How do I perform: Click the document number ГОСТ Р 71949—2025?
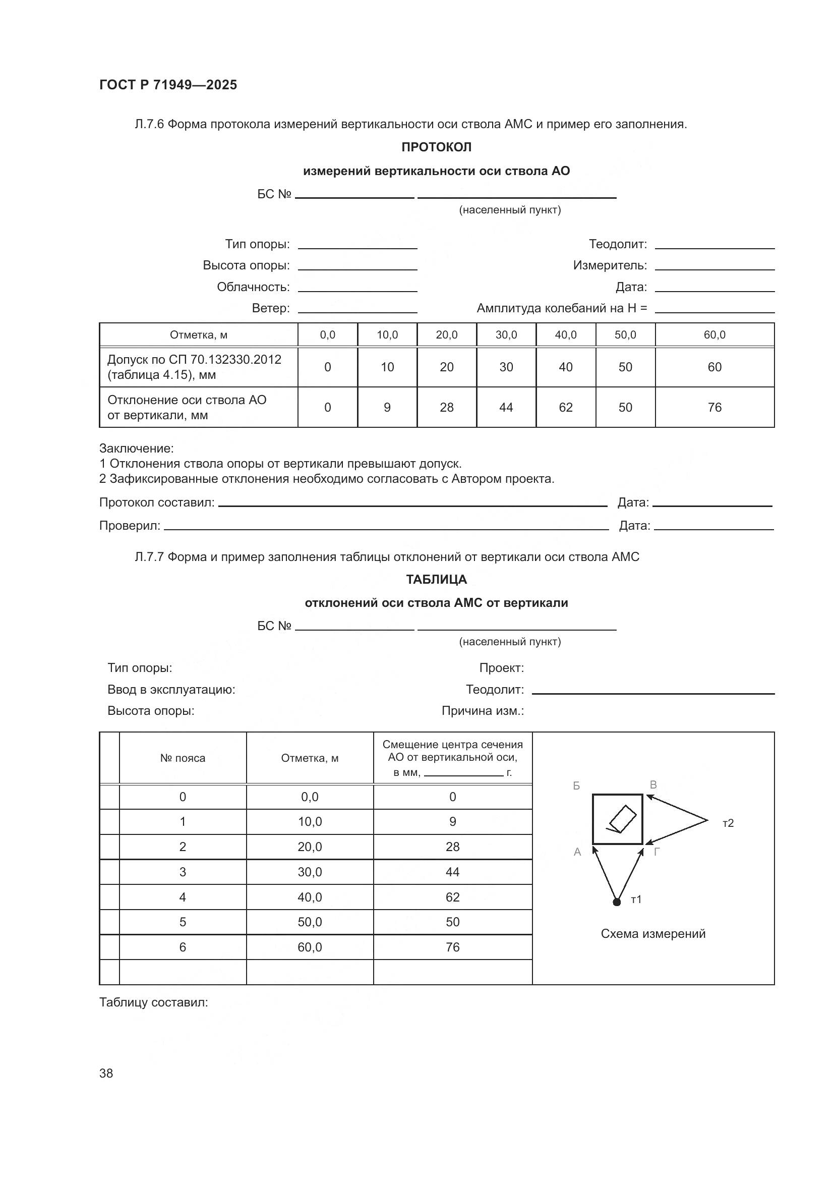(168, 85)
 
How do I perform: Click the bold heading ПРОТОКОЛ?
(436, 147)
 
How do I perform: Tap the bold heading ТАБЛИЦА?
(436, 579)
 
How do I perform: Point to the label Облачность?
(253, 287)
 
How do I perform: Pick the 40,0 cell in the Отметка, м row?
(565, 335)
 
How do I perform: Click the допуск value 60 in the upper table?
(714, 367)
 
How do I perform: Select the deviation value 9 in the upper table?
(387, 407)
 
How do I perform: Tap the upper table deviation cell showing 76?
(714, 407)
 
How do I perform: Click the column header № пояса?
(183, 758)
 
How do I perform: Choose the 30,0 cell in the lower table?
(310, 872)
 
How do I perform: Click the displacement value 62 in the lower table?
(452, 897)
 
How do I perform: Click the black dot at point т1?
(617, 902)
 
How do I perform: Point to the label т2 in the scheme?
(728, 823)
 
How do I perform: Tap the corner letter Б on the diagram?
(576, 786)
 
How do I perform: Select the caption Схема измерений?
(652, 934)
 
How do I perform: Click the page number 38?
(106, 1073)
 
